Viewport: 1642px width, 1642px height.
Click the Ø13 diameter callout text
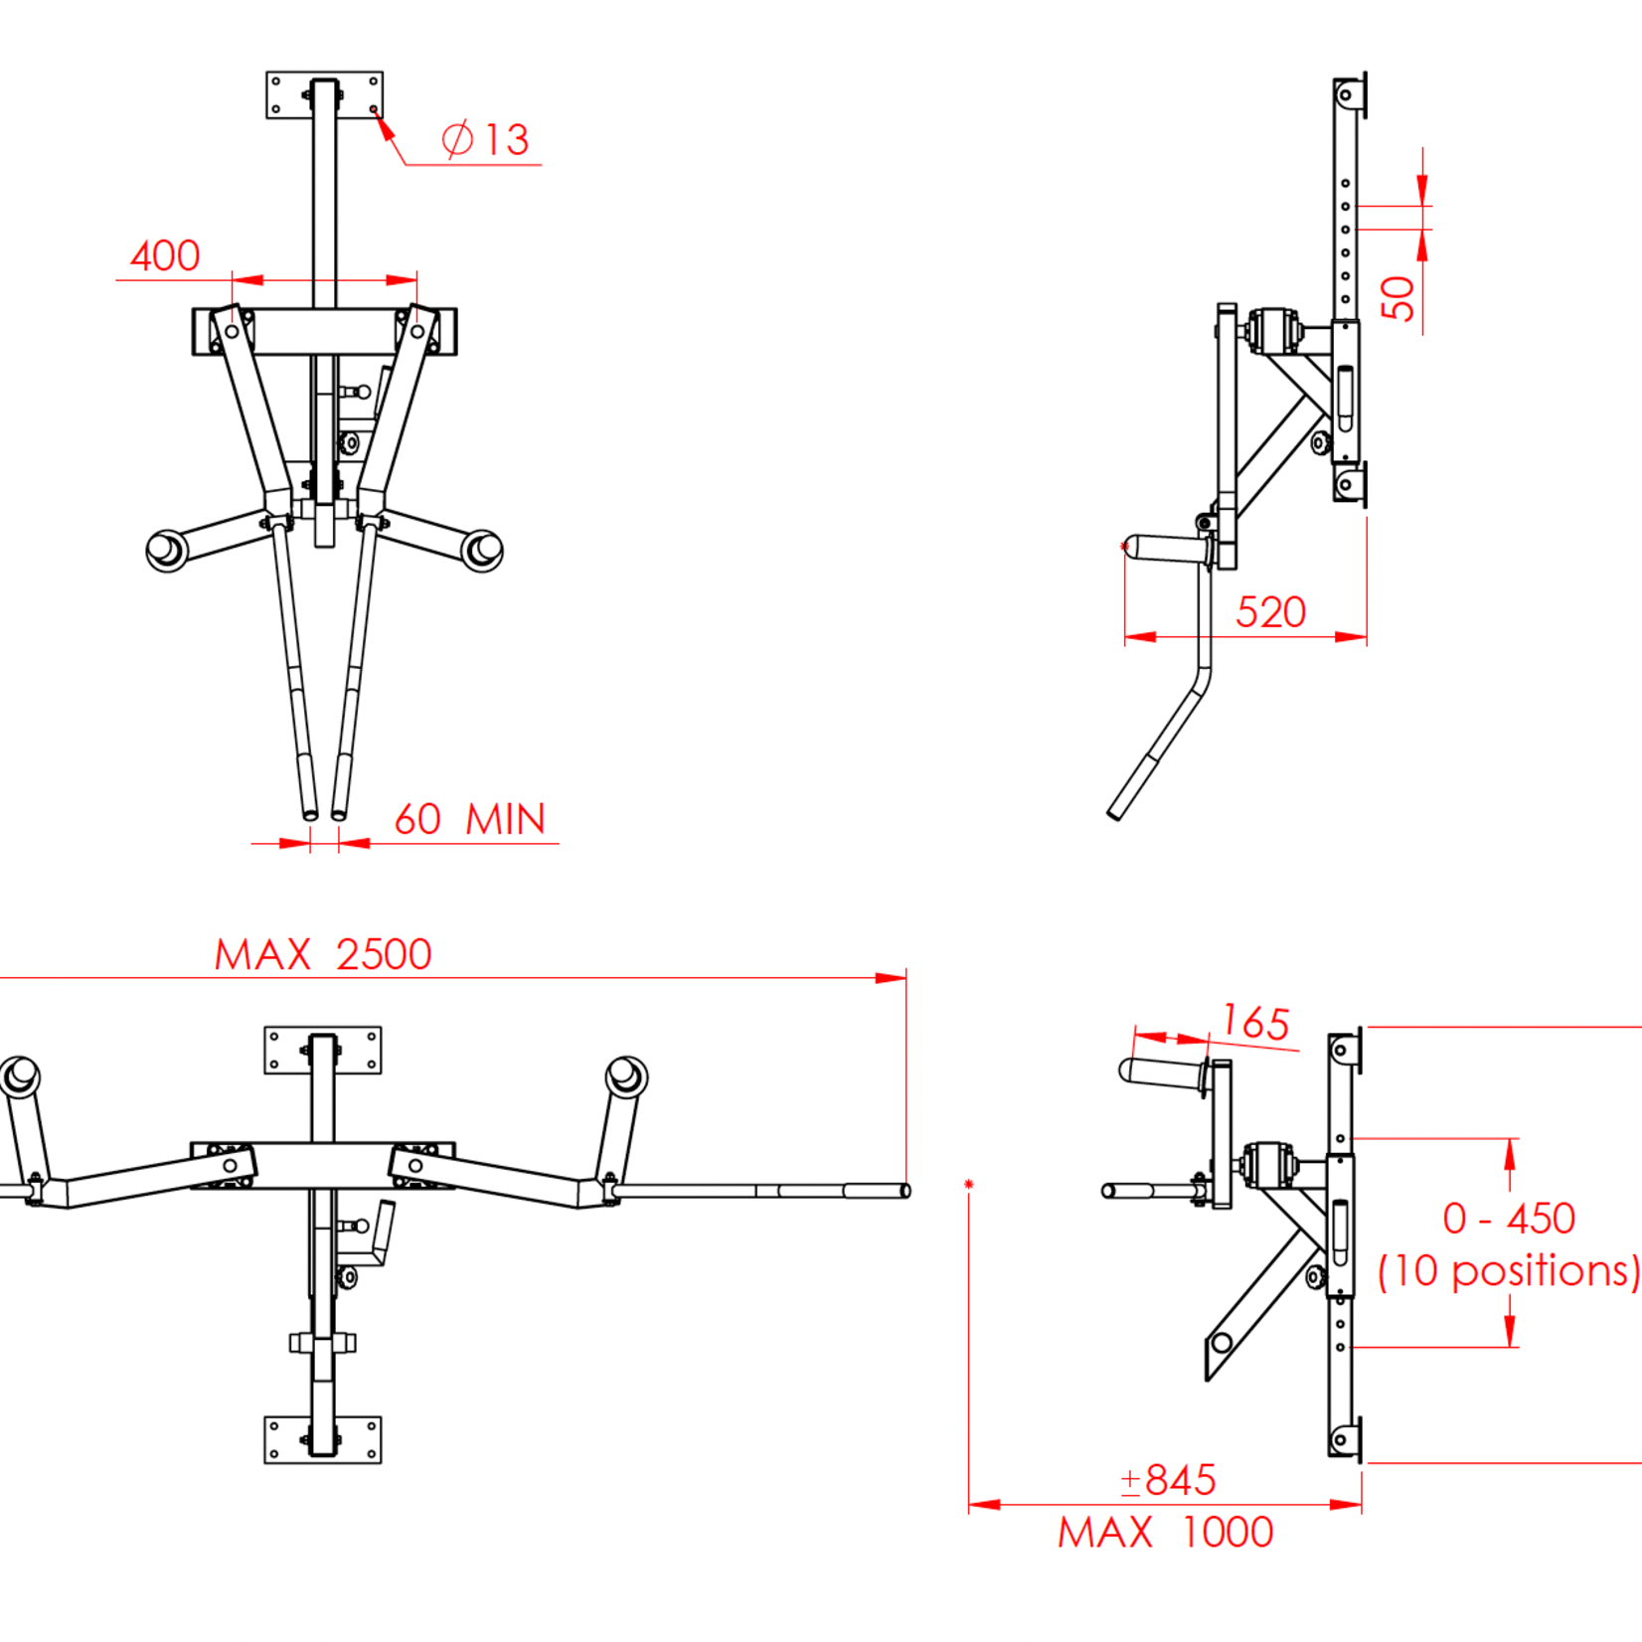[486, 140]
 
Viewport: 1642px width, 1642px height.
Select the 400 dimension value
[165, 256]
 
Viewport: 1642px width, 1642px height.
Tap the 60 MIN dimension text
[469, 820]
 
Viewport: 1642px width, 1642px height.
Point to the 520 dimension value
[1270, 612]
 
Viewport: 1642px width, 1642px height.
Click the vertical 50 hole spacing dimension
[1397, 298]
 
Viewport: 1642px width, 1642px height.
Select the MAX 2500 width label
[323, 955]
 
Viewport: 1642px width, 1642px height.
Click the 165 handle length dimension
[1256, 1023]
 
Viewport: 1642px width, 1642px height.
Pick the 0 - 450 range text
[1509, 1219]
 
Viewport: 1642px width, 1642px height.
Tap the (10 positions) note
[1509, 1271]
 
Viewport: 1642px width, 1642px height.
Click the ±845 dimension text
[1168, 1480]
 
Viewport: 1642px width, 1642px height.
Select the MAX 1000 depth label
[1165, 1533]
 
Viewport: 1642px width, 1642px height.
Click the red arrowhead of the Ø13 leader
[384, 127]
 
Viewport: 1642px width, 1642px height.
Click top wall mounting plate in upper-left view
[324, 95]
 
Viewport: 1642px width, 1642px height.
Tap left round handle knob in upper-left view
[166, 550]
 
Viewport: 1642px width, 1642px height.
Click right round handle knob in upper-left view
[484, 550]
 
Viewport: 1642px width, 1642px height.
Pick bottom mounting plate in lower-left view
[322, 1440]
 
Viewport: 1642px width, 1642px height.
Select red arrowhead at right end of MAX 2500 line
[892, 978]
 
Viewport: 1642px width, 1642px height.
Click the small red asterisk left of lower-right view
[969, 1184]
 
